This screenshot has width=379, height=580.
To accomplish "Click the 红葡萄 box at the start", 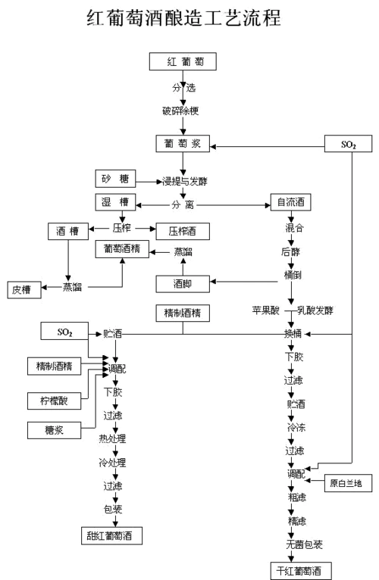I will pos(182,61).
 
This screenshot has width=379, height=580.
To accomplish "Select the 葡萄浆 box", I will pos(182,143).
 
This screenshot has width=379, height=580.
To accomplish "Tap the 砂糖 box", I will pos(115,180).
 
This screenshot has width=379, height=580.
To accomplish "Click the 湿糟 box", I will pos(115,203).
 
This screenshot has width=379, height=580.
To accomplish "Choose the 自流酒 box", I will pos(291,203).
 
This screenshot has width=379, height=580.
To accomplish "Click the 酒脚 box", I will pos(182,283).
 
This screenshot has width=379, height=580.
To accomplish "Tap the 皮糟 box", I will pos(21,288).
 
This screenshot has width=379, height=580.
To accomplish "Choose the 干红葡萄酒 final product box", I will pos(301,569).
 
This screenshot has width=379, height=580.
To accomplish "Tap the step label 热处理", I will pos(112,438).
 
